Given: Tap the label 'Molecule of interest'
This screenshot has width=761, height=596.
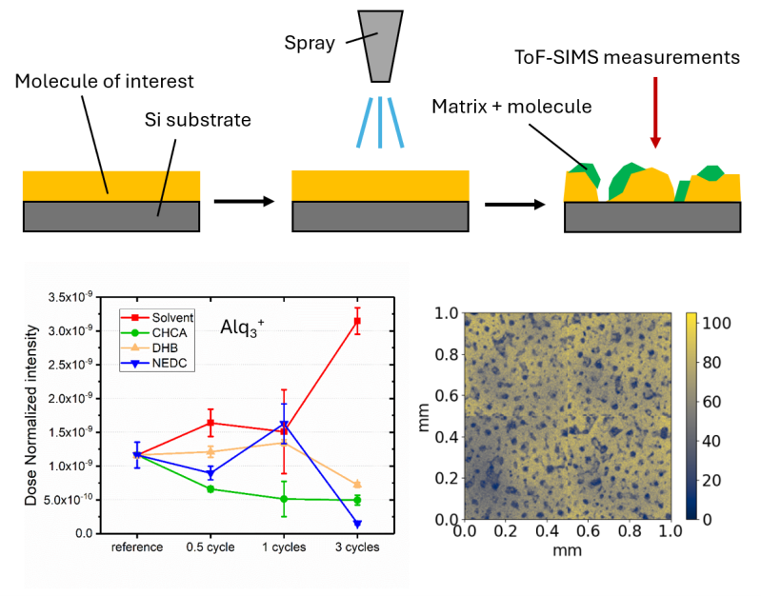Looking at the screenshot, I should coord(105,81).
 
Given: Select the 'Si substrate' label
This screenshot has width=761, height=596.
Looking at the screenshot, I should coord(197,120).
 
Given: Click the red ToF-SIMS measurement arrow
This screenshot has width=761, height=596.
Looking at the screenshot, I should coord(653,115).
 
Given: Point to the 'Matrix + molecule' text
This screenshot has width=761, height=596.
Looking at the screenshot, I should coord(512,106).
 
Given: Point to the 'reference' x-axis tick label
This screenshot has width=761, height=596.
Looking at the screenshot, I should coord(137,547).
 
